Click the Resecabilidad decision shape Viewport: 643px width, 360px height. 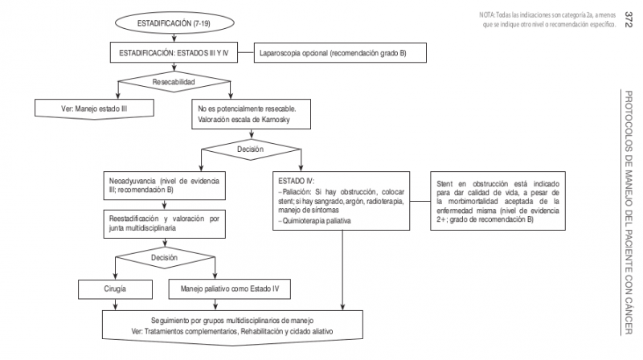pos(174,81)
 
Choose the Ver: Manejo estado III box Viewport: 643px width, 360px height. pos(96,107)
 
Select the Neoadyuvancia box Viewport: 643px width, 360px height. pos(163,186)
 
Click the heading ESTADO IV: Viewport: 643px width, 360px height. pos(296,181)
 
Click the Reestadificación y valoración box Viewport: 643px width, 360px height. pos(163,223)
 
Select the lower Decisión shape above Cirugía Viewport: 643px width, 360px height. pos(163,257)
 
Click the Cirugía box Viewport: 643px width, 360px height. pos(118,287)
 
